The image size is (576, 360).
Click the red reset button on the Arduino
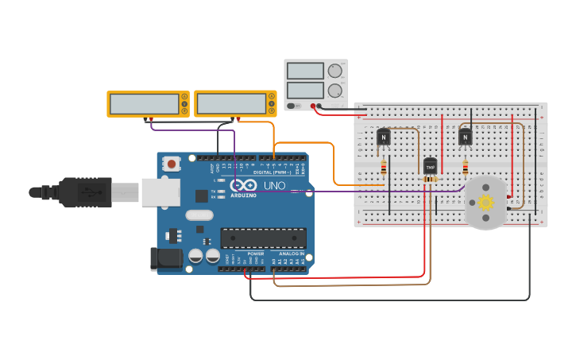171,164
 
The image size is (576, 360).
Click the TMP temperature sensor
430,166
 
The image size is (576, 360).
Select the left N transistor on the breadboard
384,137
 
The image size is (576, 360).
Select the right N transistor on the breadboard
466,137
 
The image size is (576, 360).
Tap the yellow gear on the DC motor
485,203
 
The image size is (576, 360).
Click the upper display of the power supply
305,71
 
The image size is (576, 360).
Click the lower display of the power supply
305,90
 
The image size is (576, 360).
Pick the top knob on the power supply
335,71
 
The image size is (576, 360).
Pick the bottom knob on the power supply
335,91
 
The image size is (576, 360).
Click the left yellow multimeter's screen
145,104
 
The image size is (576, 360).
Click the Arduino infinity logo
242,185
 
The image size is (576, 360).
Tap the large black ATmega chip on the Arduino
263,238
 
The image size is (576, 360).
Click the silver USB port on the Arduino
160,192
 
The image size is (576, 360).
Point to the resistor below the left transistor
384,168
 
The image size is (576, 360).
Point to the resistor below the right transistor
466,168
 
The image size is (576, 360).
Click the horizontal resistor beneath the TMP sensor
430,180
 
